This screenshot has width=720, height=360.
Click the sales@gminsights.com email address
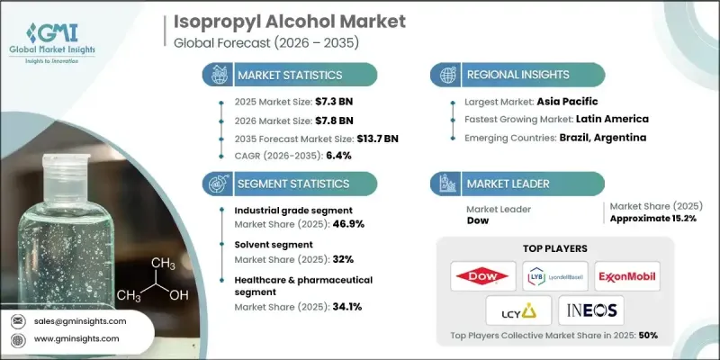coord(81,321)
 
